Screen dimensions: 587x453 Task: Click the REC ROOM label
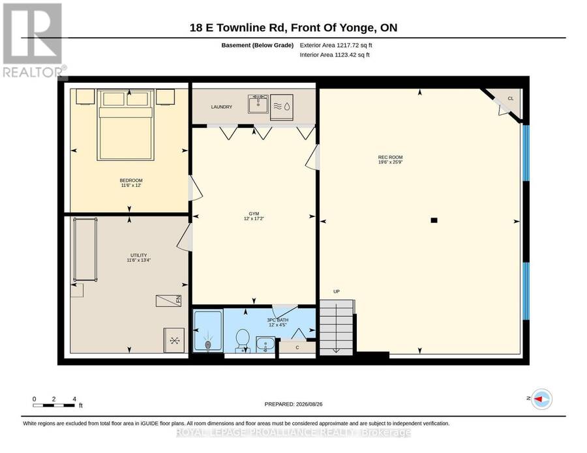coord(390,158)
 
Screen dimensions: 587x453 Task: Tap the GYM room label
coord(254,214)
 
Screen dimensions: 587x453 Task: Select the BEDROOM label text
coord(131,181)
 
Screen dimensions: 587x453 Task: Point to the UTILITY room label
coord(138,255)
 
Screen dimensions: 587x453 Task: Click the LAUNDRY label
coord(222,107)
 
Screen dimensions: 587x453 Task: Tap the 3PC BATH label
coord(277,320)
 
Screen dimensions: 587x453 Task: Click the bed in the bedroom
coord(125,125)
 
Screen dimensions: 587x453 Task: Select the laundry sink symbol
coord(258,104)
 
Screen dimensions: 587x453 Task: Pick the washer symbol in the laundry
coord(282,108)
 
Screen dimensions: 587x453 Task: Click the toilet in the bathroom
coord(243,340)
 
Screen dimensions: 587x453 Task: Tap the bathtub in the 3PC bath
coord(208,331)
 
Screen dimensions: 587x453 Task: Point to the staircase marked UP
coord(336,327)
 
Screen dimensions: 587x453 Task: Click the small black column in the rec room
coord(434,220)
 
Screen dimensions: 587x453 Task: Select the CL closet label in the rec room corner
coord(511,98)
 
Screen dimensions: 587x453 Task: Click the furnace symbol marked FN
coord(169,300)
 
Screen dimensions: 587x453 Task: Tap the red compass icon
coord(542,399)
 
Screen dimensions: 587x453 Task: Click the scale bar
coord(53,405)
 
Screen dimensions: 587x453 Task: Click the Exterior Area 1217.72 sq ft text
coord(336,45)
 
